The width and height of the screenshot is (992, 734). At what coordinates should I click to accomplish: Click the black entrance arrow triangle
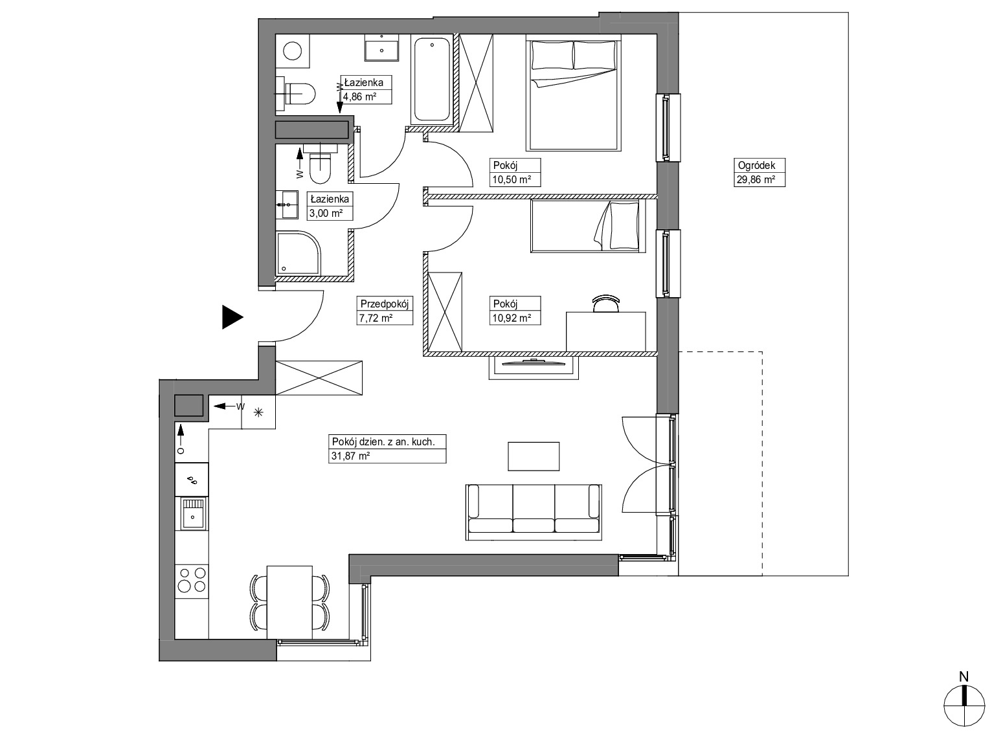pyautogui.click(x=232, y=317)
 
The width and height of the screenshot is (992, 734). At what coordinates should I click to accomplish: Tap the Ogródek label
pyautogui.click(x=756, y=166)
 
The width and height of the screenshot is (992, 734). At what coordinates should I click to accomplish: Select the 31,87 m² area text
pyautogui.click(x=351, y=456)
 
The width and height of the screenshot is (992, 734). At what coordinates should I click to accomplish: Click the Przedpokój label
pyautogui.click(x=385, y=304)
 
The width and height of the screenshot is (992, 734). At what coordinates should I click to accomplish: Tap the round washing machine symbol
pyautogui.click(x=293, y=50)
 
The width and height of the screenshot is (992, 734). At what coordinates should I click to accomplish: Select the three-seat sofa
pyautogui.click(x=534, y=512)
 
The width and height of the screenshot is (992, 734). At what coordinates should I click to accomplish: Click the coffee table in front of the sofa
pyautogui.click(x=534, y=456)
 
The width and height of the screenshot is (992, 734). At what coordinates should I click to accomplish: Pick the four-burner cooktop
pyautogui.click(x=192, y=579)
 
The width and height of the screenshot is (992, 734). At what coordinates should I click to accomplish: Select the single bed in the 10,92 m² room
pyautogui.click(x=588, y=226)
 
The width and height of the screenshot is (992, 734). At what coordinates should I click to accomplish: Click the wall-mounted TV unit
pyautogui.click(x=533, y=368)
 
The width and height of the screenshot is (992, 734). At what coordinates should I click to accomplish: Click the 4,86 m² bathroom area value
pyautogui.click(x=359, y=96)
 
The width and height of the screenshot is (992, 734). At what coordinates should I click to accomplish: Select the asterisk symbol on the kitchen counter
pyautogui.click(x=258, y=412)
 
